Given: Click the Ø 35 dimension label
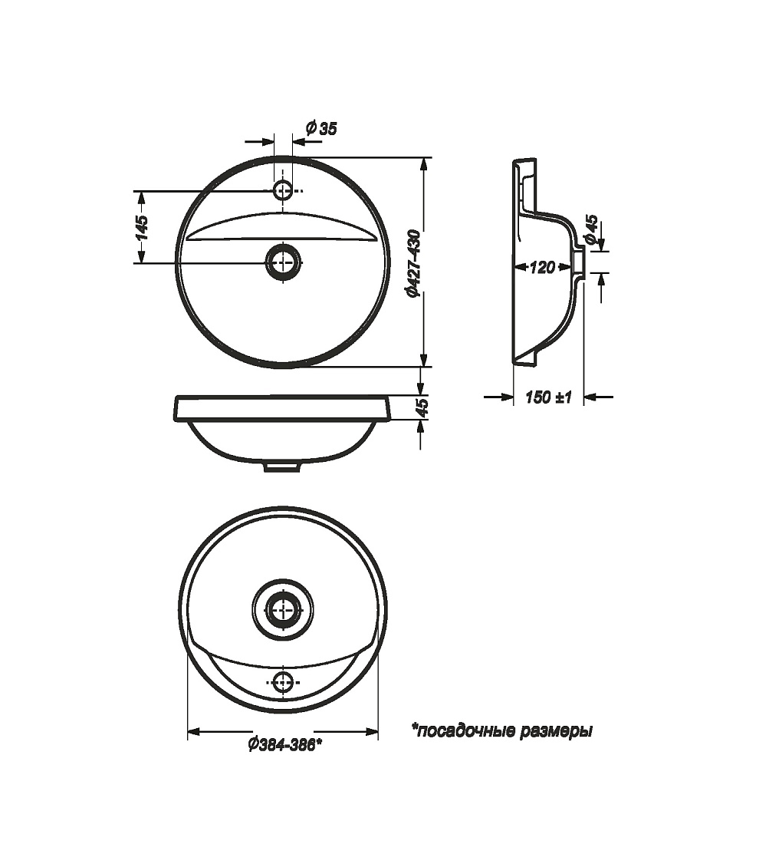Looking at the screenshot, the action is coord(320,128).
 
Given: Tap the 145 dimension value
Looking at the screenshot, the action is coord(141,227).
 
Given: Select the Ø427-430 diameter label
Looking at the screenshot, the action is coord(413,263).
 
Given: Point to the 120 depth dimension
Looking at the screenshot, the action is coord(541,266).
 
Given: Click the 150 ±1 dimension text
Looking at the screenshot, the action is coord(548,397).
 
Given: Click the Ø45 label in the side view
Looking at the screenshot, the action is coord(591,230).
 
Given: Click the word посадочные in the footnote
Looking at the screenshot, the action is coord(464,730).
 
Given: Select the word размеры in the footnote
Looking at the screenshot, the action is coord(557,731).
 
